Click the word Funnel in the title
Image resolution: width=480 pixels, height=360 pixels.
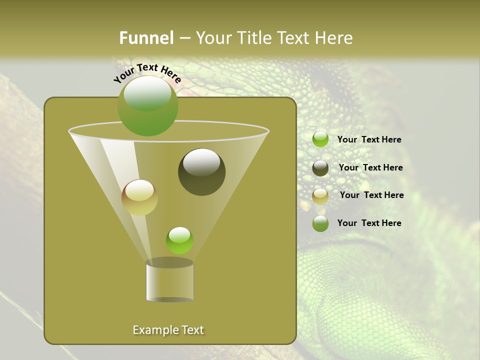[146, 38]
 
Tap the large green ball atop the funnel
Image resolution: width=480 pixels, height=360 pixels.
[147, 106]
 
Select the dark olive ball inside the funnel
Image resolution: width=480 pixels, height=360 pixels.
[201, 172]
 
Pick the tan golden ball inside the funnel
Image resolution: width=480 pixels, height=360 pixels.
[139, 197]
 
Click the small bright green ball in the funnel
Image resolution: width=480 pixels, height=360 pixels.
[179, 240]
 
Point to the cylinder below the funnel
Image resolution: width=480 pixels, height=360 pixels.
[169, 281]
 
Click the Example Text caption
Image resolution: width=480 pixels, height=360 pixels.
[168, 330]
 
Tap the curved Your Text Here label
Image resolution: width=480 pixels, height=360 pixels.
[147, 73]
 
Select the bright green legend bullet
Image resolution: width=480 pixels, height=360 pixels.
[320, 139]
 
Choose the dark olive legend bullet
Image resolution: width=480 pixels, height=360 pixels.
[320, 168]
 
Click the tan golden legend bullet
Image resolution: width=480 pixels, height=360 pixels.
[320, 196]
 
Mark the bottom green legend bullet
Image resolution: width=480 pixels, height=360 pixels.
[320, 223]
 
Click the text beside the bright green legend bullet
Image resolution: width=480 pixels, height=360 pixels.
[369, 139]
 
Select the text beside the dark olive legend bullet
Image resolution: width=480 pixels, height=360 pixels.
[370, 167]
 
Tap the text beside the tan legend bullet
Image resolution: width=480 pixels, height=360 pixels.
[371, 195]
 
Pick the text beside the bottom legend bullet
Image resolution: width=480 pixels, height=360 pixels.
[369, 223]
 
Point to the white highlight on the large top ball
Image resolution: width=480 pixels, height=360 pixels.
[147, 93]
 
